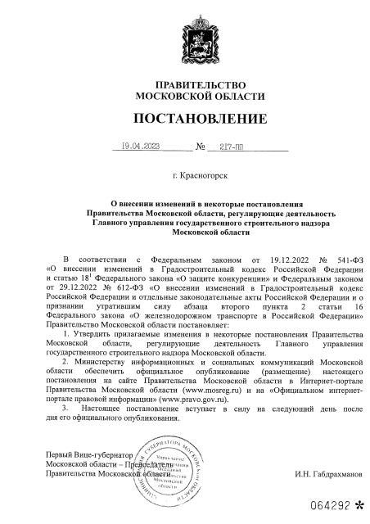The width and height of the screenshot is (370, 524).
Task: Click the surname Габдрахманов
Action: pos(320,474)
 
